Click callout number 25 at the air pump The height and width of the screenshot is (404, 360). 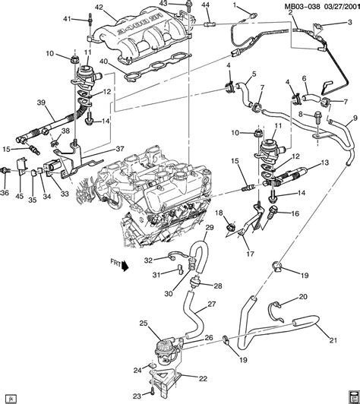(143, 324)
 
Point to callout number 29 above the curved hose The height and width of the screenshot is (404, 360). (209, 228)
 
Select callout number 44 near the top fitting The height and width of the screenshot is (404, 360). (206, 7)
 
